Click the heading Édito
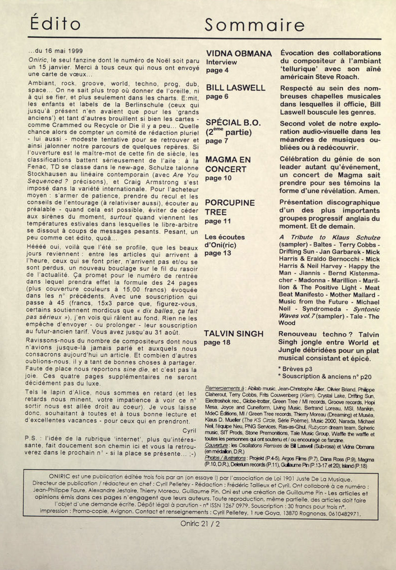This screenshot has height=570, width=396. point(55,24)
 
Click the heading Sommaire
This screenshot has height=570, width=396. point(255,25)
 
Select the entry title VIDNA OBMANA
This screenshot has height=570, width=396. point(238,54)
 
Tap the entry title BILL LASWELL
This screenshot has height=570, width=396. point(235,88)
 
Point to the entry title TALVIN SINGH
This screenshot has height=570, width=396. point(234,334)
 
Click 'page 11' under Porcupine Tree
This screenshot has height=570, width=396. point(218,221)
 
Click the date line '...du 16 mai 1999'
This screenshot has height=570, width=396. point(55,51)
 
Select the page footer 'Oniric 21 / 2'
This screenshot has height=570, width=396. point(200,524)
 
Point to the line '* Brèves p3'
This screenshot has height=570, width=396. point(295,369)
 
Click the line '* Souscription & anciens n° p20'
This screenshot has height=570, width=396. point(325,376)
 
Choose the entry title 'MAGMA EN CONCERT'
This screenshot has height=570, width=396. point(228,164)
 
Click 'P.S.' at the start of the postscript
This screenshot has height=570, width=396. point(31,438)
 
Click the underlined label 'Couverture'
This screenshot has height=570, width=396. point(216,446)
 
